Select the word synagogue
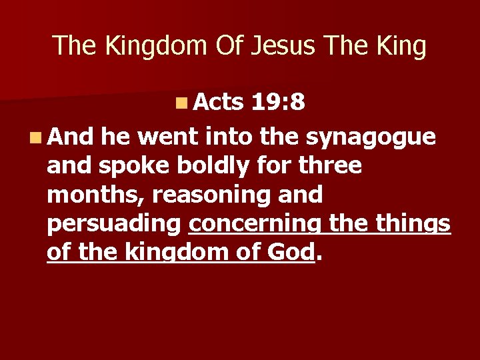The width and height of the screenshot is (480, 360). point(371,138)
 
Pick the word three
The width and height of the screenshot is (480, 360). point(329,166)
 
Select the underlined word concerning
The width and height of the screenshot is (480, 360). point(257,224)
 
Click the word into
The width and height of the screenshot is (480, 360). point(229,137)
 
